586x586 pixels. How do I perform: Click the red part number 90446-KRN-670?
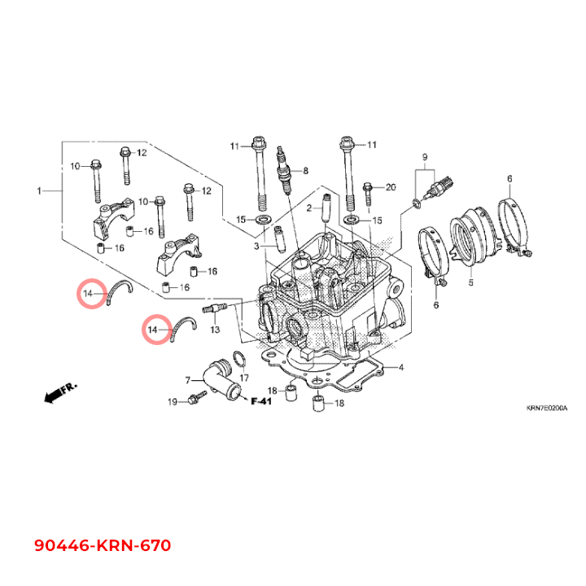(x=103, y=545)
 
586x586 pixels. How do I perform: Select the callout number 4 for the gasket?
(x=401, y=367)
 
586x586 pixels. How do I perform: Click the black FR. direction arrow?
(x=59, y=392)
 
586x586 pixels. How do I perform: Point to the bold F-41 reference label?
(x=261, y=401)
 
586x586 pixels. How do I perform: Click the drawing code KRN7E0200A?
(x=547, y=408)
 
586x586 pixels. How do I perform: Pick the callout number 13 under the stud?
(x=215, y=330)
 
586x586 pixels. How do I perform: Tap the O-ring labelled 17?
(x=239, y=360)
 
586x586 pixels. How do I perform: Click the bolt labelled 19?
(x=198, y=398)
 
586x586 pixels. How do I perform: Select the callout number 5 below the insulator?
(x=471, y=282)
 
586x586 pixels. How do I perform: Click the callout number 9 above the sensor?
(x=425, y=157)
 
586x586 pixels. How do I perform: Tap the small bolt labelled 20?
(x=368, y=194)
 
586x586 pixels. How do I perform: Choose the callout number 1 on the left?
(x=39, y=191)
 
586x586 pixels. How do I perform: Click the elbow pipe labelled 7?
(x=221, y=379)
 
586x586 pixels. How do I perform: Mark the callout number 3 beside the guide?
(x=256, y=247)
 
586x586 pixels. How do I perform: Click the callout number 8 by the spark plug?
(x=305, y=171)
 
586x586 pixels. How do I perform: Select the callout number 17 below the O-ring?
(x=244, y=378)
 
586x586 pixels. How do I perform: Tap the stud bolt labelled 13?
(x=215, y=308)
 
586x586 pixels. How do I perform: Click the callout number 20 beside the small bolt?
(x=391, y=187)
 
